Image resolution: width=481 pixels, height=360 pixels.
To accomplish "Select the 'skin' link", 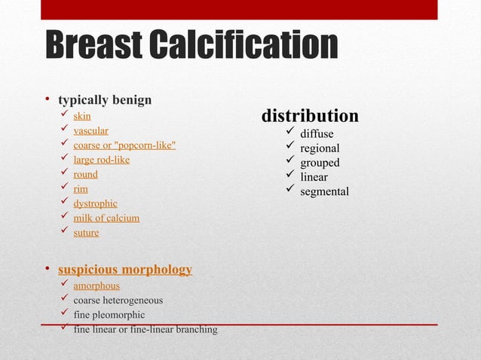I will [x=81, y=116].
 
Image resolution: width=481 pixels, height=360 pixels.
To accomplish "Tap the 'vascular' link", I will [x=90, y=130].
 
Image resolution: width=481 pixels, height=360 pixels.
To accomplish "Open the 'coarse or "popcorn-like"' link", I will [x=124, y=145].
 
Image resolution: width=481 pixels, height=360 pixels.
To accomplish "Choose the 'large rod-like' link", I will [x=101, y=160].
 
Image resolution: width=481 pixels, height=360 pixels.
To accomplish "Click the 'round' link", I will [x=85, y=174].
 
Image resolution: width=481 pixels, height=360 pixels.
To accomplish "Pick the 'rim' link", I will [x=81, y=189].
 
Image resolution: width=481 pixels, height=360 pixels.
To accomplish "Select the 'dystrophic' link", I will [x=95, y=203].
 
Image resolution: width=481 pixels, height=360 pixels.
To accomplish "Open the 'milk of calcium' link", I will [x=106, y=218].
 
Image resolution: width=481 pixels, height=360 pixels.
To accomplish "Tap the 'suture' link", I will [x=86, y=233].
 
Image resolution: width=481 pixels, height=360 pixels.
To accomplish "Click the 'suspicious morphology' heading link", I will [x=124, y=270].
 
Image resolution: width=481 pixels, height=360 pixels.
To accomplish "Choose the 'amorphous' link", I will [x=97, y=285].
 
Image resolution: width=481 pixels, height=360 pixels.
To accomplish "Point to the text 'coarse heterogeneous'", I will [x=118, y=301].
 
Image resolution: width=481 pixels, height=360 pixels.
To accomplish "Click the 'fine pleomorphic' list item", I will [x=109, y=315].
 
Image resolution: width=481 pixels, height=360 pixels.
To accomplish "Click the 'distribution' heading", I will [x=310, y=116].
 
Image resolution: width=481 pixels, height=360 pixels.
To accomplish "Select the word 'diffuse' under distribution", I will [x=317, y=134].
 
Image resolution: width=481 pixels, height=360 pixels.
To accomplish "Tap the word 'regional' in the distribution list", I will [x=320, y=148].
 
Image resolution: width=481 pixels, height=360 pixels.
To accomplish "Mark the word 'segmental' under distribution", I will [x=324, y=191].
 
